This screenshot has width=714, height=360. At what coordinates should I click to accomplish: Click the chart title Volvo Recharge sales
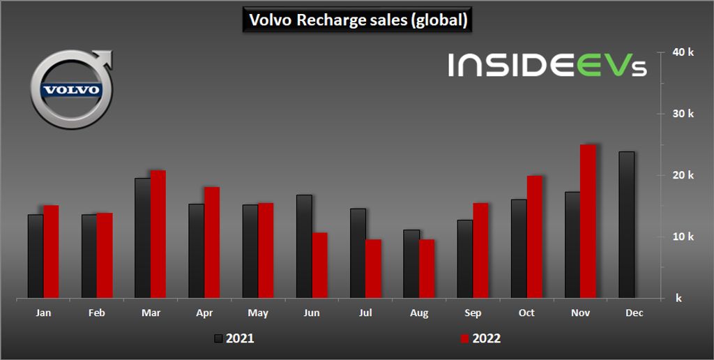tap(356, 20)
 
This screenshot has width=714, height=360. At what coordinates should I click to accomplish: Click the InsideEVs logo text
tap(547, 66)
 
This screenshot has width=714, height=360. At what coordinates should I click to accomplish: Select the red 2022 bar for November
tap(588, 221)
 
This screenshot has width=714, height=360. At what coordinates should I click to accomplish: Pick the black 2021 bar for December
tap(627, 225)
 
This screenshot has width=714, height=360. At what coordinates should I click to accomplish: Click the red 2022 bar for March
tap(158, 234)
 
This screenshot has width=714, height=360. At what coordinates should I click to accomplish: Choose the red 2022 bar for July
tap(374, 269)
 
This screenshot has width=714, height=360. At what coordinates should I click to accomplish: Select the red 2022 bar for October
tap(535, 237)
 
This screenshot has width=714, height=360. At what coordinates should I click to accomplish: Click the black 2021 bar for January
tap(36, 256)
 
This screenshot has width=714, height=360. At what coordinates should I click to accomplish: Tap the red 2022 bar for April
tap(212, 242)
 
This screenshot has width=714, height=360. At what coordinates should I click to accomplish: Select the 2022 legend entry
tap(480, 338)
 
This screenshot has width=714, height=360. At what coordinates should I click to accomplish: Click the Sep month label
tap(473, 313)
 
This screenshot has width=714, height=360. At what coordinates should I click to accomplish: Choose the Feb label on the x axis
tap(97, 313)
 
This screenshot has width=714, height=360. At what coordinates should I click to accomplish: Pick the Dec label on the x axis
tap(634, 313)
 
